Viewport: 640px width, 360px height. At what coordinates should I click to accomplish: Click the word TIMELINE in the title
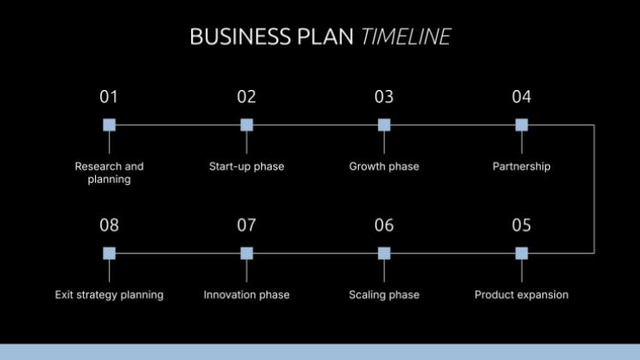pyautogui.click(x=406, y=37)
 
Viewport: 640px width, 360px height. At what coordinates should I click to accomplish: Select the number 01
pyautogui.click(x=109, y=97)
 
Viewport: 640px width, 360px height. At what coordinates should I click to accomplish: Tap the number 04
pyautogui.click(x=522, y=97)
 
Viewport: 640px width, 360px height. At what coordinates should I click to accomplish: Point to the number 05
pyautogui.click(x=522, y=225)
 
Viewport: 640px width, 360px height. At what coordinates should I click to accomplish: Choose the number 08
pyautogui.click(x=109, y=225)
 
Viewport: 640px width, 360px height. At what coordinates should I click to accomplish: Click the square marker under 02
pyautogui.click(x=247, y=125)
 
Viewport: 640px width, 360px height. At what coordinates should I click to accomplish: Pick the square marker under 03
pyautogui.click(x=384, y=125)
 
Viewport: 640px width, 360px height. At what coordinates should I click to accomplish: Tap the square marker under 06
pyautogui.click(x=384, y=253)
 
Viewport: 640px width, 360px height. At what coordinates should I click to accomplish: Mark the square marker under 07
pyautogui.click(x=247, y=253)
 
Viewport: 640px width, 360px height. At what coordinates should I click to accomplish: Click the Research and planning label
pyautogui.click(x=109, y=173)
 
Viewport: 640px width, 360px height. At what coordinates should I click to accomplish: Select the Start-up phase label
pyautogui.click(x=247, y=166)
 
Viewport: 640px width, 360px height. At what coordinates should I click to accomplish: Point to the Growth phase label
pyautogui.click(x=384, y=166)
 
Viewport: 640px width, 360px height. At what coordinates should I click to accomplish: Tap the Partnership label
pyautogui.click(x=522, y=166)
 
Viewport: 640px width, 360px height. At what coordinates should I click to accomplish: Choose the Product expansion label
pyautogui.click(x=522, y=295)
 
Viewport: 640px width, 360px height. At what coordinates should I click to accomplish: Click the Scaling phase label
pyautogui.click(x=384, y=295)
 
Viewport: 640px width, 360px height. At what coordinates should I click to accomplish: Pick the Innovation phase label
pyautogui.click(x=247, y=295)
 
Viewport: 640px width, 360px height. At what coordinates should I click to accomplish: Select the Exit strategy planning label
pyautogui.click(x=109, y=295)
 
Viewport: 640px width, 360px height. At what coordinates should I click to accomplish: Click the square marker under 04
pyautogui.click(x=522, y=125)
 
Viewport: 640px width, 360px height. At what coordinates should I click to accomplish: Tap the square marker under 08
pyautogui.click(x=109, y=253)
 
